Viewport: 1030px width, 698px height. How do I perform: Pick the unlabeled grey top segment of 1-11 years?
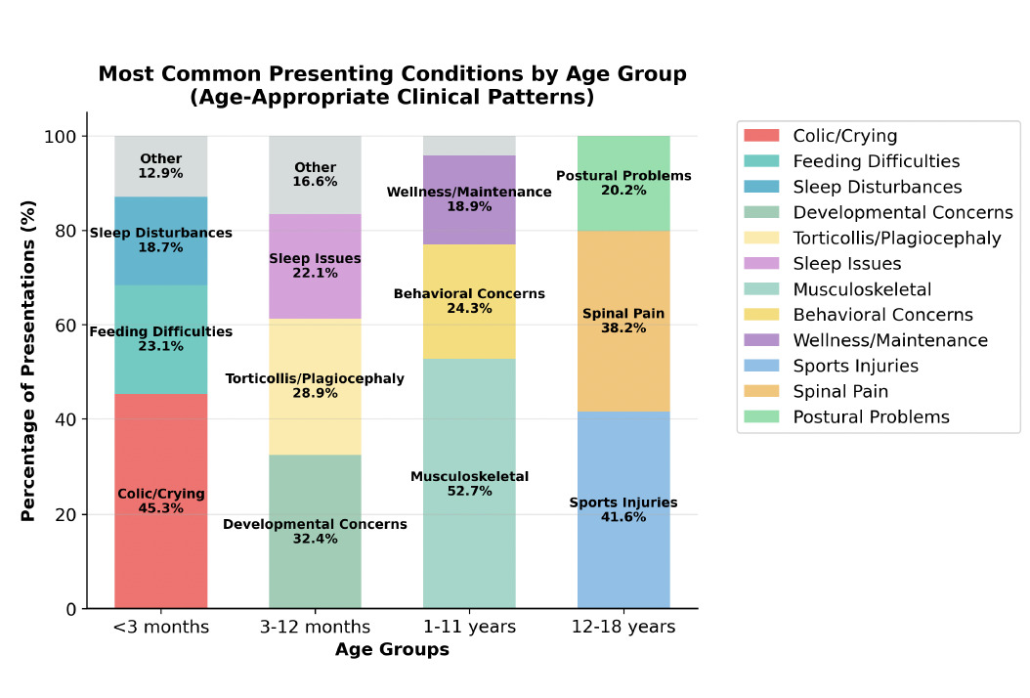click(x=469, y=146)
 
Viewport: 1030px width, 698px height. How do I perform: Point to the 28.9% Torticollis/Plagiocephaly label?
click(x=315, y=392)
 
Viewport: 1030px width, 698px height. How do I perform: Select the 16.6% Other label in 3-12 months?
click(x=315, y=182)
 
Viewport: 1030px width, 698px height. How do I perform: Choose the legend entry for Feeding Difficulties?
click(x=876, y=161)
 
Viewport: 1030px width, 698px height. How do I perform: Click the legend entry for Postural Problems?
click(x=871, y=417)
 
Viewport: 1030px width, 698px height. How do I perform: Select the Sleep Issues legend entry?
click(x=846, y=264)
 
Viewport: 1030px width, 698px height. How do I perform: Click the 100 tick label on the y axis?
click(x=63, y=137)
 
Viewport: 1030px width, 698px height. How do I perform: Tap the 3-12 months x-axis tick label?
click(x=315, y=628)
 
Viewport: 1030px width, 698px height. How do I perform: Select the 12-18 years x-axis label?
click(x=622, y=628)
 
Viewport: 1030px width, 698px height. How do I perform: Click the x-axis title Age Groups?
click(x=392, y=650)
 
